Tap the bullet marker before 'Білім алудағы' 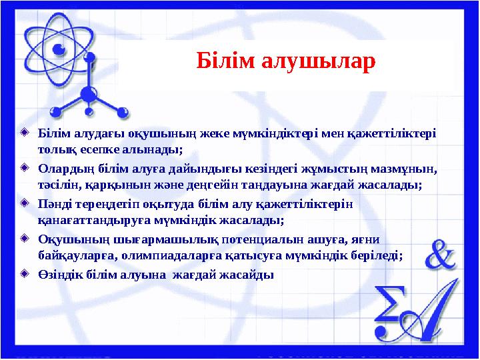pyautogui.click(x=25, y=131)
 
